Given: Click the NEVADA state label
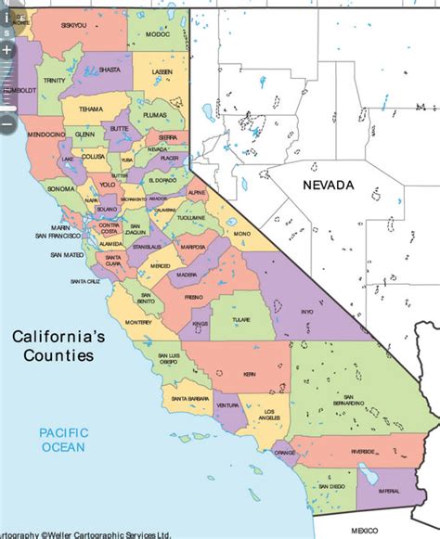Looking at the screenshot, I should [x=328, y=186].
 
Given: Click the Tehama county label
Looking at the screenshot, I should [x=91, y=109].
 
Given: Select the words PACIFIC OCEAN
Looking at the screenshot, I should [x=62, y=439].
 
